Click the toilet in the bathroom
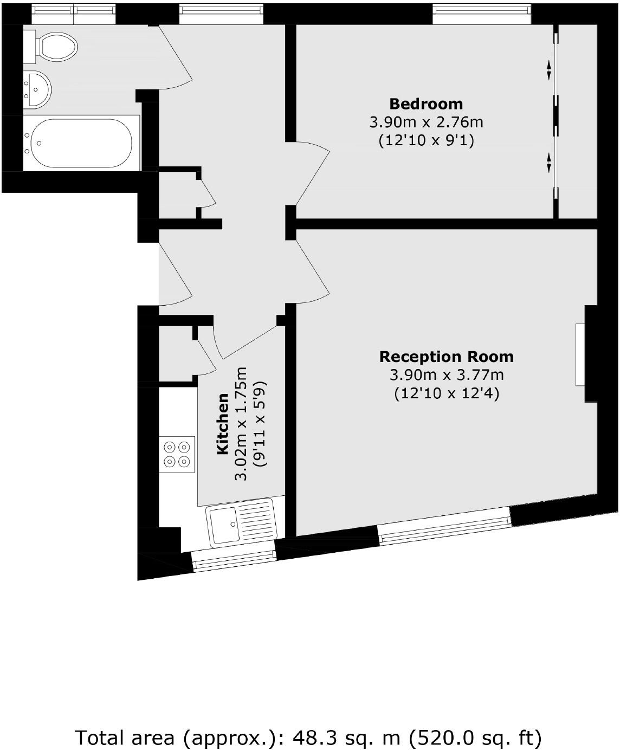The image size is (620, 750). tap(54, 46)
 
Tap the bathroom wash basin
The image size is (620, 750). tap(36, 89)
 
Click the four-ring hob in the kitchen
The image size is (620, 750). tap(177, 454)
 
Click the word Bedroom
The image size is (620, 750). tap(426, 104)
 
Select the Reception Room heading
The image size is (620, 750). tap(446, 357)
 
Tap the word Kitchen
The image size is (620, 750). tap(222, 424)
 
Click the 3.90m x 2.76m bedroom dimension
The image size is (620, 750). tap(426, 122)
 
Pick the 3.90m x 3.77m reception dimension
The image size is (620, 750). tap(446, 375)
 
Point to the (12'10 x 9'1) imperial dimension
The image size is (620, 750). tap(426, 141)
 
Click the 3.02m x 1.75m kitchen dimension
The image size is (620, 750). tap(241, 424)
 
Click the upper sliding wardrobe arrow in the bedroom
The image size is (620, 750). tap(549, 69)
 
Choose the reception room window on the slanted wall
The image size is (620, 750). tap(444, 525)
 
